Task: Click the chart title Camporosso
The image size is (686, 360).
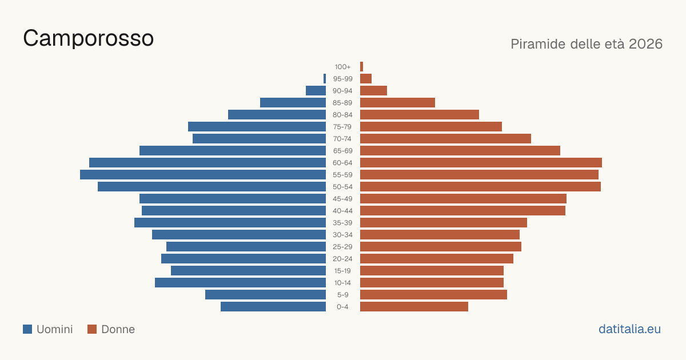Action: point(88,38)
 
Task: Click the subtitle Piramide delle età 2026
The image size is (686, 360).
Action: point(587,44)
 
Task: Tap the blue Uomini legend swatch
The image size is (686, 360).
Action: point(27,329)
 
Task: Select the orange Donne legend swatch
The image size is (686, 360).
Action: point(92,329)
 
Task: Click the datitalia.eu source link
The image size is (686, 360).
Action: point(629,329)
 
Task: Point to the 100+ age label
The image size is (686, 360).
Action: point(342,67)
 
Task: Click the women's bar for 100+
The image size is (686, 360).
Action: point(361,67)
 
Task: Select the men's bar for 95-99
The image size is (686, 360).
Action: point(325,79)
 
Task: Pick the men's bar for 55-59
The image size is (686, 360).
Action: point(203,174)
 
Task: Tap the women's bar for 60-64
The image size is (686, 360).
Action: point(481,162)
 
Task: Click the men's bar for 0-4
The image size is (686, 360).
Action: point(273,307)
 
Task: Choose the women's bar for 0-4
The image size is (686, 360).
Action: point(414,307)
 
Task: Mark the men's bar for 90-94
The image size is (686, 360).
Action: point(316,91)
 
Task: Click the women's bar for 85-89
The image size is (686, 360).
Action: point(397,102)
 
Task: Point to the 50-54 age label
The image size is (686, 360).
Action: point(342,187)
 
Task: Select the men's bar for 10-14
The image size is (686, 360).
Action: point(241,282)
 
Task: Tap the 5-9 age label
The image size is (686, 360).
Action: point(342,295)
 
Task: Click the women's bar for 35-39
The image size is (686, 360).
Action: point(444,222)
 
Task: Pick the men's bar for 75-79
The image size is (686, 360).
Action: point(257,127)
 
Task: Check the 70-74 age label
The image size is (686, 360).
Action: point(342,139)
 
